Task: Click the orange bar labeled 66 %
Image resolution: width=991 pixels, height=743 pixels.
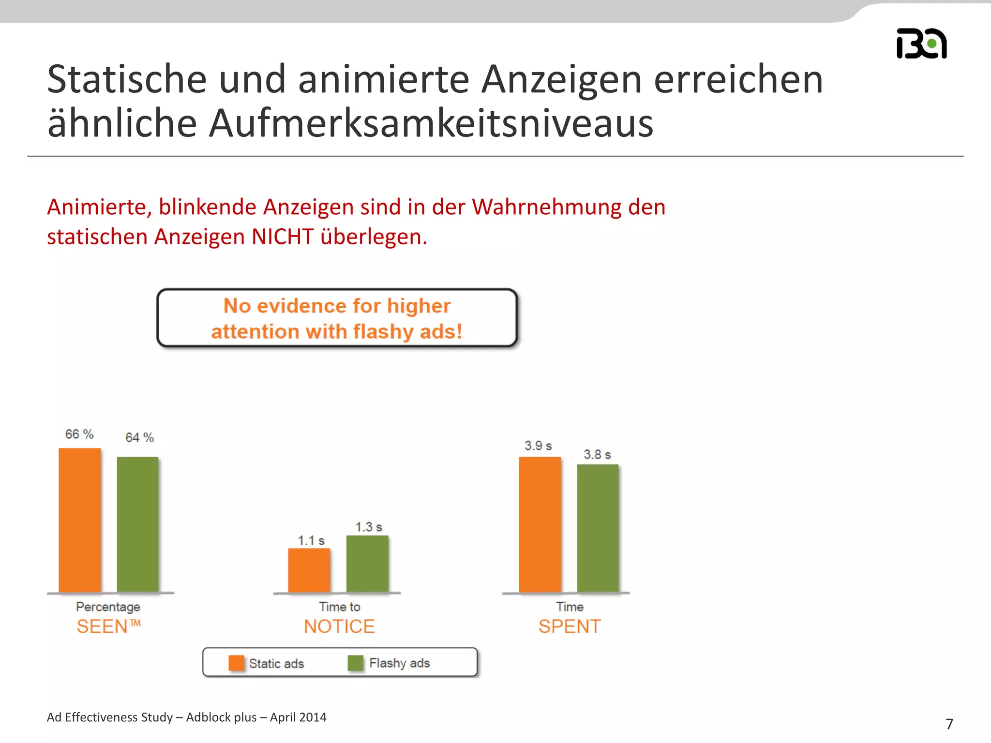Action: pyautogui.click(x=80, y=520)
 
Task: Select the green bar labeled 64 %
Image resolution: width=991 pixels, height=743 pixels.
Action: pyautogui.click(x=138, y=524)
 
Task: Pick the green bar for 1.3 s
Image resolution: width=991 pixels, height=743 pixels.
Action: pyautogui.click(x=367, y=564)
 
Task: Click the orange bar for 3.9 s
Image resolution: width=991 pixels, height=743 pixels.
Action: pyautogui.click(x=540, y=524)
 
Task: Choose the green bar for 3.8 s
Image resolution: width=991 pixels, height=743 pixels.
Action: pyautogui.click(x=598, y=528)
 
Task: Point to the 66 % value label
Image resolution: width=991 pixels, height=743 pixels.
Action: pyautogui.click(x=79, y=434)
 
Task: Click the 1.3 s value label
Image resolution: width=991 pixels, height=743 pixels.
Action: pyautogui.click(x=369, y=527)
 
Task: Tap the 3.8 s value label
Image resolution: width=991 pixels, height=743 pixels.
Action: pyautogui.click(x=597, y=454)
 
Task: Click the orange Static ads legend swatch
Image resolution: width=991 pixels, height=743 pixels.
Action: pyautogui.click(x=236, y=663)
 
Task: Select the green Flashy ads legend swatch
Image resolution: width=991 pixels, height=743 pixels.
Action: pyautogui.click(x=356, y=663)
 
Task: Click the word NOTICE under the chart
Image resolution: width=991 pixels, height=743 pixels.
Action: pyautogui.click(x=339, y=626)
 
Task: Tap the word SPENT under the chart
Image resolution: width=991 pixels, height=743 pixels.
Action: pyautogui.click(x=570, y=626)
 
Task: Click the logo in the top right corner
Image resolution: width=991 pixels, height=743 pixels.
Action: pyautogui.click(x=921, y=44)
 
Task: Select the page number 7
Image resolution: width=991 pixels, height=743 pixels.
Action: pyautogui.click(x=949, y=724)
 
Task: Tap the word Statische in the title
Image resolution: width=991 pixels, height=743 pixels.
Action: pyautogui.click(x=127, y=79)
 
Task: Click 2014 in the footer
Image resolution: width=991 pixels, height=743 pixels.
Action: pyautogui.click(x=313, y=717)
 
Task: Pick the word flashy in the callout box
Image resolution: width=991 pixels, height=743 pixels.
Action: pyautogui.click(x=384, y=332)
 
